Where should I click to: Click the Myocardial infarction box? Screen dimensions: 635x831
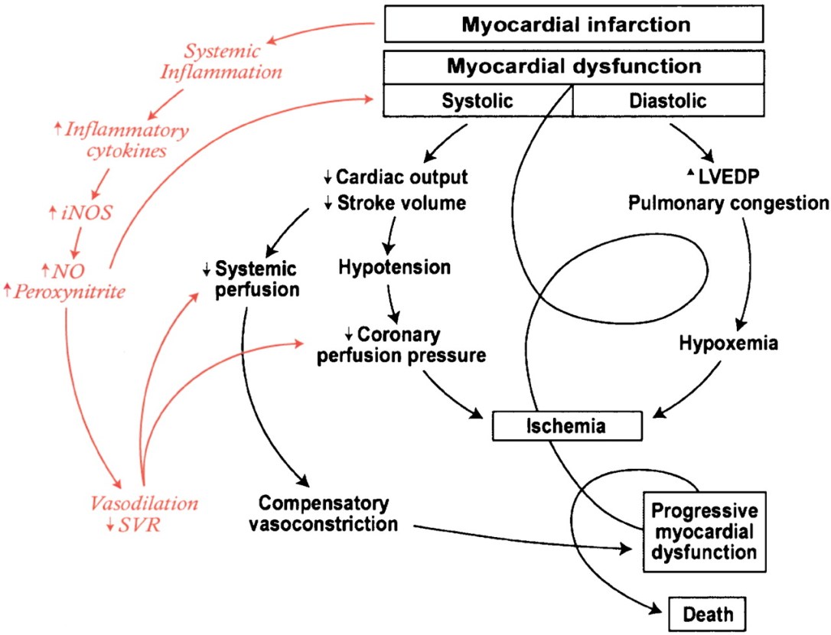[x=574, y=24]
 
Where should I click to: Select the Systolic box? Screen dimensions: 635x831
[x=477, y=100]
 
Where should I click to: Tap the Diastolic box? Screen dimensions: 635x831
[x=668, y=100]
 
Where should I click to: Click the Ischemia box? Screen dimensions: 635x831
[x=566, y=426]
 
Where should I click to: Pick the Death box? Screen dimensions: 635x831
[x=708, y=612]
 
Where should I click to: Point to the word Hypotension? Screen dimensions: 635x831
[x=394, y=267]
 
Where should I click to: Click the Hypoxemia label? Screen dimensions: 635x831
[x=728, y=344]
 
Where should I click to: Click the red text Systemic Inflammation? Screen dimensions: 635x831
[x=233, y=63]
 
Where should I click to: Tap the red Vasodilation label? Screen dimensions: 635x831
[x=144, y=503]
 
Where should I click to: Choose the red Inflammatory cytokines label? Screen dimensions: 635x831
[x=126, y=140]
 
